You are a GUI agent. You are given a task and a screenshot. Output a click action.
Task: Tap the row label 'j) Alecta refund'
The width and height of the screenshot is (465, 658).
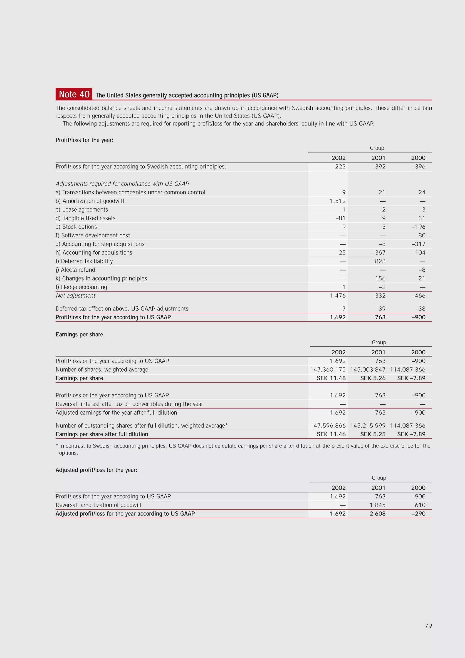tap(75, 270)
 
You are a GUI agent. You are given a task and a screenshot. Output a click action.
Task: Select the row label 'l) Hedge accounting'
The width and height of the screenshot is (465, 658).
tap(81, 287)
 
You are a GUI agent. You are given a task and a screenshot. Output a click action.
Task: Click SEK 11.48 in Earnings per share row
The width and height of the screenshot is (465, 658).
tap(331, 378)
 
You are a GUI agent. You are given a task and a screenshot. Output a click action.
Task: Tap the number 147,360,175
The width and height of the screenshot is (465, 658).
tap(328, 369)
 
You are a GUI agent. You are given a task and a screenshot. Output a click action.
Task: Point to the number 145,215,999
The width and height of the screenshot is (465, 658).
tap(367, 425)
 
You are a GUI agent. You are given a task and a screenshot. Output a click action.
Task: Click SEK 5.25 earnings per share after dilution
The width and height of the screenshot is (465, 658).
tap(373, 434)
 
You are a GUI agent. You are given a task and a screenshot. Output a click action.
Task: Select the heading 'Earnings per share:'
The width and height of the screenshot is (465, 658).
tap(80, 334)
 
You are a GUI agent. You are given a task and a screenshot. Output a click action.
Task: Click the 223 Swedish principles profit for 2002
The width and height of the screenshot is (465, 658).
tap(340, 167)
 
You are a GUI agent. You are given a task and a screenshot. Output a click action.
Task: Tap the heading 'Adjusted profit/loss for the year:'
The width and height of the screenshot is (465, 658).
tap(96, 470)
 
